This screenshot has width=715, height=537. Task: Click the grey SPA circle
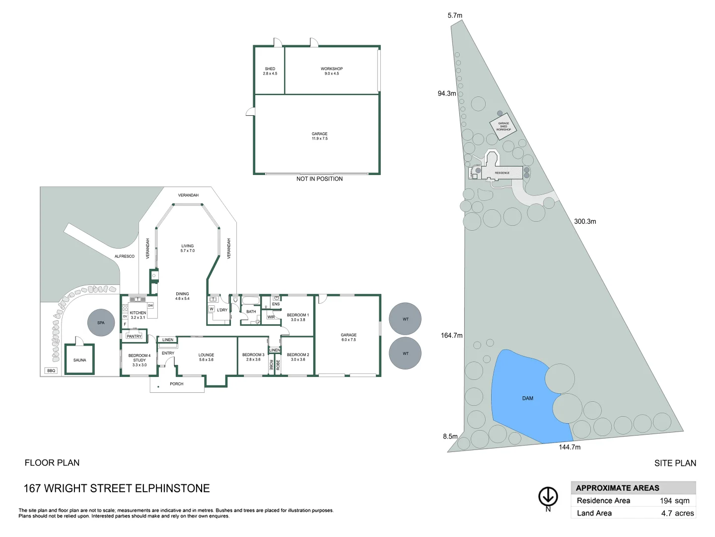(101, 323)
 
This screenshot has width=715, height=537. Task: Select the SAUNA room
(79, 359)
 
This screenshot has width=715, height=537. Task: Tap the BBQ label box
(51, 371)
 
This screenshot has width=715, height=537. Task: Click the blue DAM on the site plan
(521, 398)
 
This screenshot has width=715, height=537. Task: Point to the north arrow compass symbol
(548, 497)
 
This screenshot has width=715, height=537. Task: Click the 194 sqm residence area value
(674, 501)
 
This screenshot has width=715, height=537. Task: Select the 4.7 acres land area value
(677, 513)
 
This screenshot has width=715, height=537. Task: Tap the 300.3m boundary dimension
(585, 221)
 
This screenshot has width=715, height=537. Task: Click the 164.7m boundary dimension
(451, 335)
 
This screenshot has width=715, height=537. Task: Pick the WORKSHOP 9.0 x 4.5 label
(332, 71)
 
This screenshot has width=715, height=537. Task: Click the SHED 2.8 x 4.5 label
(270, 71)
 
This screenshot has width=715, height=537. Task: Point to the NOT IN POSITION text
(319, 179)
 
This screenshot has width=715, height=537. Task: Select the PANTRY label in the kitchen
(134, 336)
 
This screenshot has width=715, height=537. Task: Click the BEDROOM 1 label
(298, 317)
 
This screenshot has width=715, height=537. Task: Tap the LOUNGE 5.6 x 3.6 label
(206, 357)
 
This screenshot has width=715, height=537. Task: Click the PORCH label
(176, 384)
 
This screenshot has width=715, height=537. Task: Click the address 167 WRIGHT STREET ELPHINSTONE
(117, 488)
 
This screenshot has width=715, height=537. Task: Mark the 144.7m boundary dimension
(570, 447)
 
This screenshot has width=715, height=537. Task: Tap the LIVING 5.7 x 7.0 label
(187, 248)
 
